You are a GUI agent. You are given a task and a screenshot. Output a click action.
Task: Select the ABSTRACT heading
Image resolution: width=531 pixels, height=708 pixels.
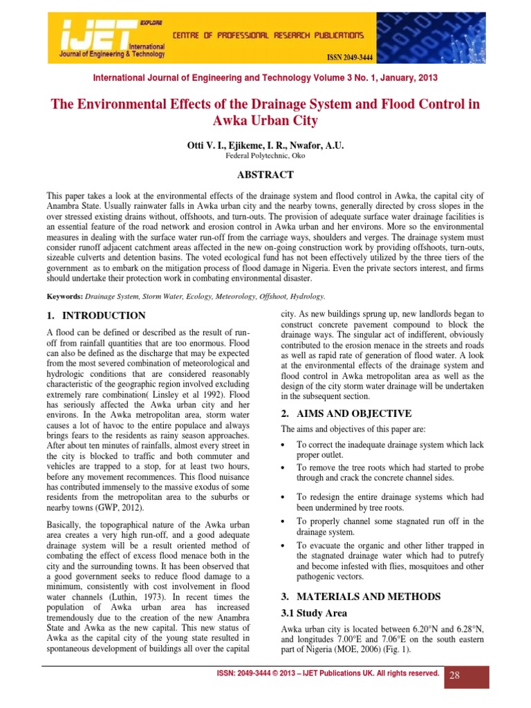[x=265, y=176]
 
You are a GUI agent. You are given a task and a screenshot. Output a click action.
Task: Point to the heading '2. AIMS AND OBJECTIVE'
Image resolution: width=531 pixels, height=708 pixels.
[x=346, y=413]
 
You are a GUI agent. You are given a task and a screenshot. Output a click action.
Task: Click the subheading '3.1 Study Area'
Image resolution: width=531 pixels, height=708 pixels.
[x=314, y=613]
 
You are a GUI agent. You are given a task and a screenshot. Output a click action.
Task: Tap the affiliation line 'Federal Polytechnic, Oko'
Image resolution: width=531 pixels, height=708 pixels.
[x=265, y=156]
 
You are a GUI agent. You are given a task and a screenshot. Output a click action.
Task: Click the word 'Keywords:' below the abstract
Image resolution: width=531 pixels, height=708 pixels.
[x=64, y=296]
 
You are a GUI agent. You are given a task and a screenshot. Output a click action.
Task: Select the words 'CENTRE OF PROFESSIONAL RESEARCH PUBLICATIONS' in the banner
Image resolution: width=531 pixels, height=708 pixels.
[x=267, y=35]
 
